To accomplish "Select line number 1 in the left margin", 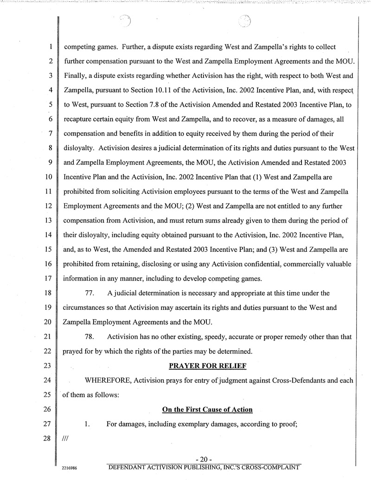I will (49, 47).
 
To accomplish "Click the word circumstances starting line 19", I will (85, 307).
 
